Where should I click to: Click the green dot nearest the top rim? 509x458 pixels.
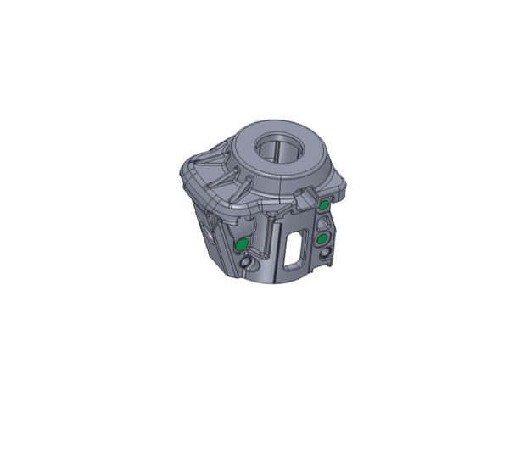tap(325, 205)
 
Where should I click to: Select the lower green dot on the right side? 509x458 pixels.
tap(323, 240)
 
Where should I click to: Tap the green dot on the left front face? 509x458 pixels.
tap(241, 245)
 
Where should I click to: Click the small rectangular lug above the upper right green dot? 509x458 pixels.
tap(306, 199)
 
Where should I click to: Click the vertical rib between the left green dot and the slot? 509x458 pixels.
tap(270, 246)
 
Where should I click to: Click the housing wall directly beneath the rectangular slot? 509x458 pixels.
tap(297, 270)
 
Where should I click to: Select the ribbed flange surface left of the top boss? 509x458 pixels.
tap(212, 174)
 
